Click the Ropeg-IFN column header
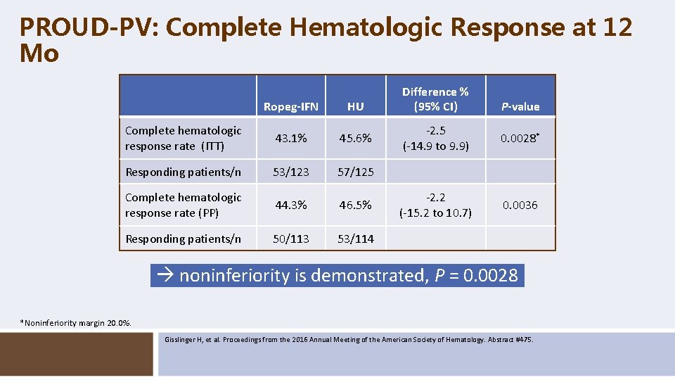[x=290, y=107]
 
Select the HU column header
[x=355, y=107]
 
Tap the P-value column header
[x=520, y=107]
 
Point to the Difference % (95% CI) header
[x=435, y=99]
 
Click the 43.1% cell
[x=290, y=139]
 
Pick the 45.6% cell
[x=356, y=139]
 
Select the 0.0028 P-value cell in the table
[x=519, y=138]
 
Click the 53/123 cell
[x=290, y=172]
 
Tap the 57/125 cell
[x=356, y=172]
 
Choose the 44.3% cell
[x=290, y=205]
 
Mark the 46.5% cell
[x=356, y=205]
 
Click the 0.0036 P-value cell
[x=520, y=205]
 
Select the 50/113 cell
[x=290, y=239]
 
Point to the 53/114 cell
[x=356, y=239]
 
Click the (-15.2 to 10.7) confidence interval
[x=435, y=213]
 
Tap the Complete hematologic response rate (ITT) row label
[x=183, y=139]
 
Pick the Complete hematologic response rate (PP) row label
[x=183, y=205]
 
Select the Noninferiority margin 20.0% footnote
[x=76, y=323]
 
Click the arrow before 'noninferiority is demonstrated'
[x=167, y=276]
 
